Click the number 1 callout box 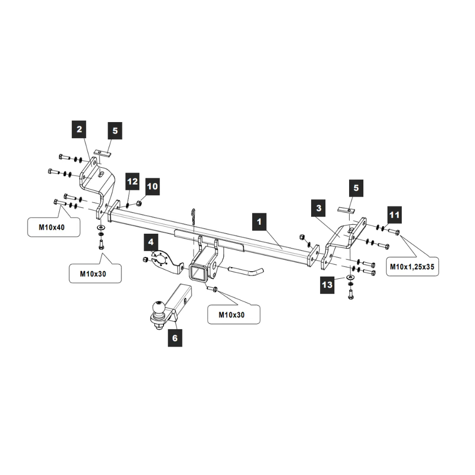pos(259,222)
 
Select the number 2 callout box pos(79,129)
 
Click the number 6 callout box pos(175,338)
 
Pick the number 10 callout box pos(152,186)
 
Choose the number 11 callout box pos(394,216)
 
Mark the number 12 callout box pos(133,182)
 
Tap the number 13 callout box pos(327,285)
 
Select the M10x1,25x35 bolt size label pos(412,266)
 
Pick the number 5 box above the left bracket pos(114,131)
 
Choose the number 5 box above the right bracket pos(356,189)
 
